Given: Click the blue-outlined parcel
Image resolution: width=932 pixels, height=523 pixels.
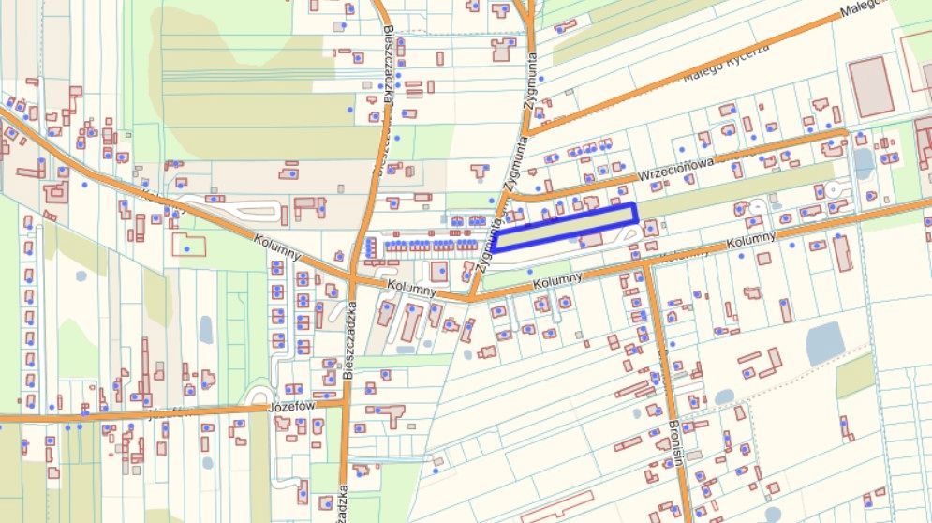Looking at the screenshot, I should [x=566, y=228].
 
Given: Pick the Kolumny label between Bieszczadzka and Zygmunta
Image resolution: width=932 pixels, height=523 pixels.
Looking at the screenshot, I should [x=410, y=290].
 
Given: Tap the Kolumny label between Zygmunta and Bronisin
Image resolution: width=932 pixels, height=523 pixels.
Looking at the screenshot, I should [x=556, y=277].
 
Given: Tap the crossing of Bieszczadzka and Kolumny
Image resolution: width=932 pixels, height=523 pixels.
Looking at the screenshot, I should [x=354, y=277].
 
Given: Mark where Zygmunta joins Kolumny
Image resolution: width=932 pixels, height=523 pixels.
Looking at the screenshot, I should [x=472, y=297].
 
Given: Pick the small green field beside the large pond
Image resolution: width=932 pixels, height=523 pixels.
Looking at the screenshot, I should [x=854, y=375].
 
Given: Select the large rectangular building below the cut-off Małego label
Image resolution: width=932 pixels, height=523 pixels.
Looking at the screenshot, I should [x=870, y=86].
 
